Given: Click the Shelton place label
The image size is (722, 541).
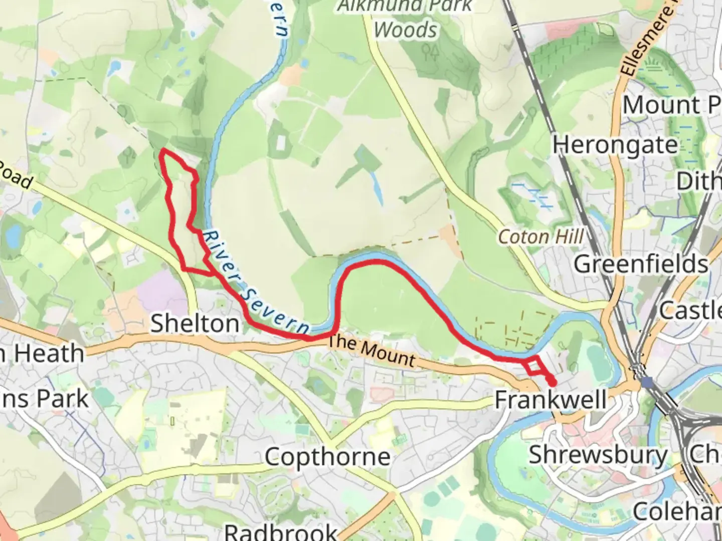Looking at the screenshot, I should (x=195, y=324).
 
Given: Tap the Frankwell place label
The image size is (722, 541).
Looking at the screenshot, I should (x=551, y=400).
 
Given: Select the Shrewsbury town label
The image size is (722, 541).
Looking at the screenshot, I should (x=598, y=455).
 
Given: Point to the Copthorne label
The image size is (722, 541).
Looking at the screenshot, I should (x=327, y=457).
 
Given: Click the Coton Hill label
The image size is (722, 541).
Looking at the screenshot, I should (x=541, y=237).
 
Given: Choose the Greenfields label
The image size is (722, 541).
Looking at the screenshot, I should (x=641, y=264).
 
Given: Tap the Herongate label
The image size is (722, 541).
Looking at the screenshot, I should (x=615, y=145).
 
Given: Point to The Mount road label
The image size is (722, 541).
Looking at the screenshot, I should (x=372, y=351).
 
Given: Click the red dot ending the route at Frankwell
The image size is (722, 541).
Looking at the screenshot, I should (x=553, y=383).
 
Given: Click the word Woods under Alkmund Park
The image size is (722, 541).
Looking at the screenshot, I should (x=406, y=30).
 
